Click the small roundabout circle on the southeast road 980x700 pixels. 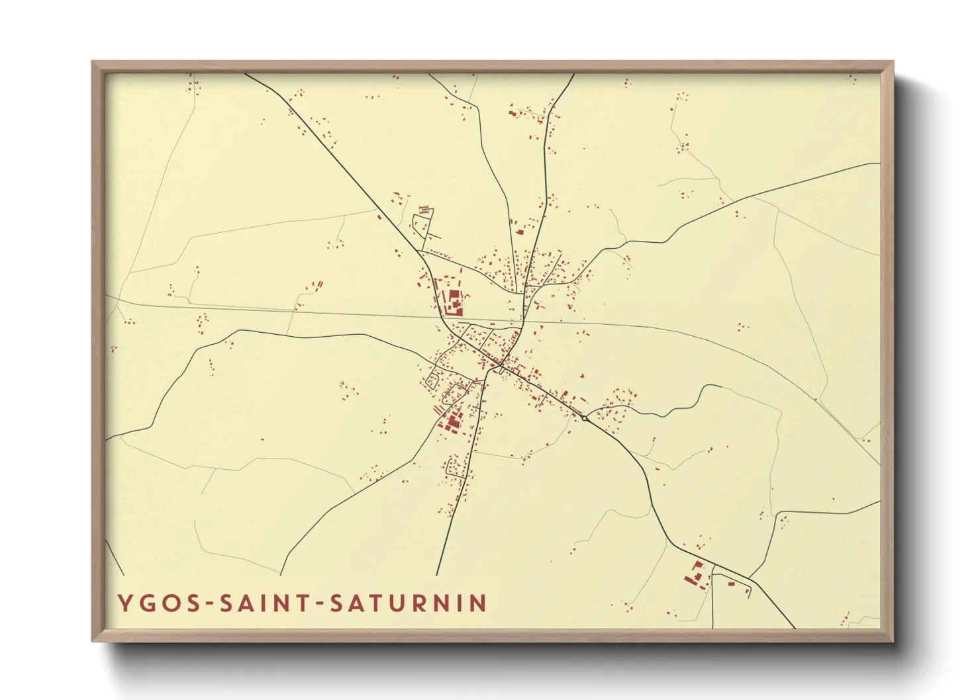[585, 418]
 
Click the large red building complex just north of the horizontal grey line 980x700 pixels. [454, 301]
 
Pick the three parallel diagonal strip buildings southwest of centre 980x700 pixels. [438, 410]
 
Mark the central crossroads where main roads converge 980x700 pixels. [501, 363]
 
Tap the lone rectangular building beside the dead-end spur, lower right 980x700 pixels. [731, 583]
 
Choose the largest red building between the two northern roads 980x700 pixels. [520, 232]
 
